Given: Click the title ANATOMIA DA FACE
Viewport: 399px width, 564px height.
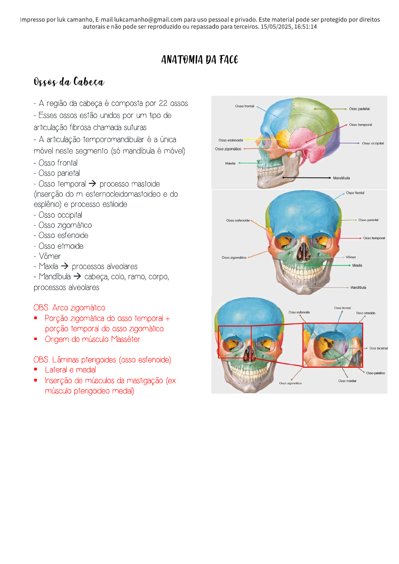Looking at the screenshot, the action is tap(199, 60).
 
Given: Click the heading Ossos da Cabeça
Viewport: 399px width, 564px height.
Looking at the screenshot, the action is tap(69, 82).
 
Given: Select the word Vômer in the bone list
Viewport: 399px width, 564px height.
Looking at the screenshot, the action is tap(50, 256).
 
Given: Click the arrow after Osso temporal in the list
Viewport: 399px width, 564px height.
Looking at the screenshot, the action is tap(92, 184).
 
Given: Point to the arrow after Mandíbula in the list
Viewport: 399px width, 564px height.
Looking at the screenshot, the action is tap(77, 276).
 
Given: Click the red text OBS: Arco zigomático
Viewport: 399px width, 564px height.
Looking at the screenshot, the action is tap(69, 307).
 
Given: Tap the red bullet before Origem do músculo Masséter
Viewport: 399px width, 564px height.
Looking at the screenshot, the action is tap(36, 339).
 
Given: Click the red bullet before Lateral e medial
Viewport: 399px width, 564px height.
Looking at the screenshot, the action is tap(36, 369).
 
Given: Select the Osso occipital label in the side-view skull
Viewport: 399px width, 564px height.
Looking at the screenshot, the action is tap(373, 143).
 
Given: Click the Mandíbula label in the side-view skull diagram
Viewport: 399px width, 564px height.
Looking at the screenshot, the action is tap(341, 178).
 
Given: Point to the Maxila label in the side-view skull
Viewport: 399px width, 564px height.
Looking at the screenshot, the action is tap(230, 163).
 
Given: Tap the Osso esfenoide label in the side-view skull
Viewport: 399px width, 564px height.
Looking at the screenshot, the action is tap(230, 140).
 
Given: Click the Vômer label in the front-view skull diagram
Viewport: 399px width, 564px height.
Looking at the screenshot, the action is tap(351, 257).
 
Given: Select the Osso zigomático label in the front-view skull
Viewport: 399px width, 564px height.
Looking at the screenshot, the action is tap(234, 258).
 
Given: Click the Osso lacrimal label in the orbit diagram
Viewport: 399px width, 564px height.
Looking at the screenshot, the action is tap(378, 348).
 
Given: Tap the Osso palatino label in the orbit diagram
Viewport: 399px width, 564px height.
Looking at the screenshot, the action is tap(375, 373).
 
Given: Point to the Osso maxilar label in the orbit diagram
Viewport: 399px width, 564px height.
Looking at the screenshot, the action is tap(347, 381).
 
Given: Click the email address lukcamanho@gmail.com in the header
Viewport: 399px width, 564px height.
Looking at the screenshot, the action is tap(148, 19).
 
